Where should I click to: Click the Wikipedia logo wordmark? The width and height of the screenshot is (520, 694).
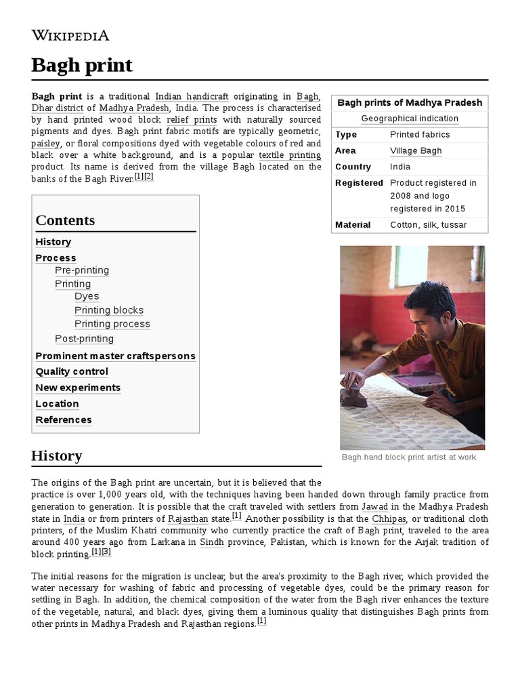[x=70, y=35]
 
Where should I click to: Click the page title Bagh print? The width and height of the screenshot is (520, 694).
[x=81, y=65]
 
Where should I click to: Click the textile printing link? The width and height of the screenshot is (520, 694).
[x=290, y=155]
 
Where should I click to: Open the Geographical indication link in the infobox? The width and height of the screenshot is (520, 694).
[x=409, y=119]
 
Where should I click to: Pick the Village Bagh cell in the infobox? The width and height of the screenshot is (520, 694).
[x=416, y=150]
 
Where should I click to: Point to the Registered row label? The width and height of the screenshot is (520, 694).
[x=359, y=183]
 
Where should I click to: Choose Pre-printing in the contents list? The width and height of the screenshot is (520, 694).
[x=82, y=270]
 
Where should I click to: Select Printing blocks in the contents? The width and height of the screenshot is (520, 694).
[x=109, y=310]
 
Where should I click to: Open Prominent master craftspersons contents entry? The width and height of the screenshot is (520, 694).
[x=115, y=356]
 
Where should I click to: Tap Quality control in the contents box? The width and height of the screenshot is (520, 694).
[x=72, y=371]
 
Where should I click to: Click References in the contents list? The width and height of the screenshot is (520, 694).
[x=64, y=420]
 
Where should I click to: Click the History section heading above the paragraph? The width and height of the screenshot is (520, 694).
[x=56, y=456]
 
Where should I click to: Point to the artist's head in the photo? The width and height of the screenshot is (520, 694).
[x=430, y=301]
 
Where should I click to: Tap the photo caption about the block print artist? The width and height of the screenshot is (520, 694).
[x=408, y=457]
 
